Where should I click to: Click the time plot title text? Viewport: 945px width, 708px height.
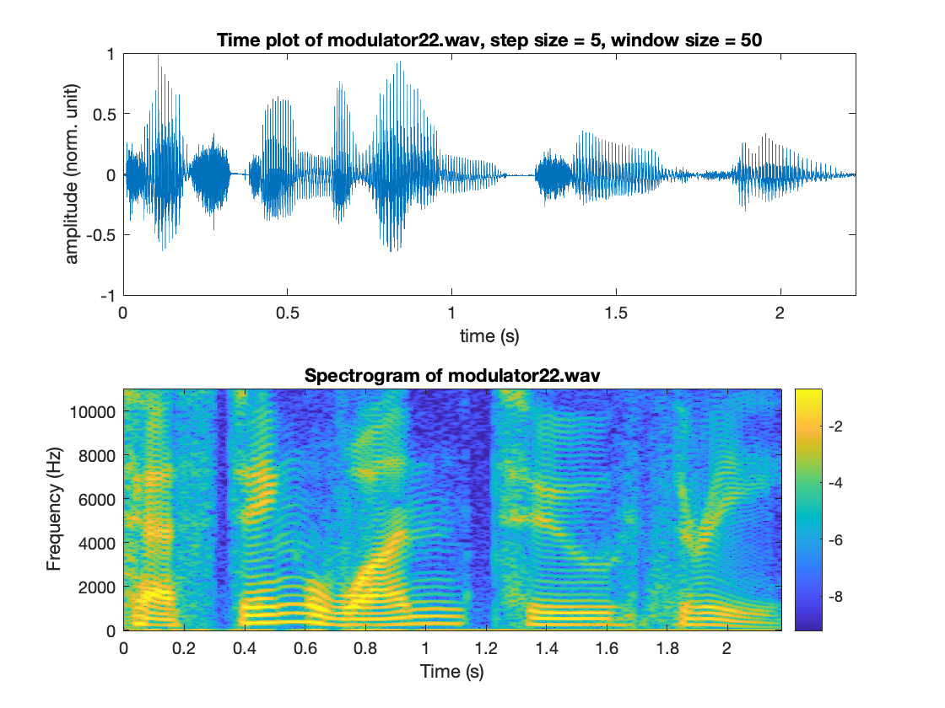pyautogui.click(x=489, y=40)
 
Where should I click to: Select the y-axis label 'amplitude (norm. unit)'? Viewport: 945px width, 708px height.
pyautogui.click(x=73, y=174)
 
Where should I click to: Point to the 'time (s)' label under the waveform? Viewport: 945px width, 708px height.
pyautogui.click(x=489, y=335)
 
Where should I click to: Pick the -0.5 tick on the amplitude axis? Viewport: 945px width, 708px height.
pyautogui.click(x=106, y=235)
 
